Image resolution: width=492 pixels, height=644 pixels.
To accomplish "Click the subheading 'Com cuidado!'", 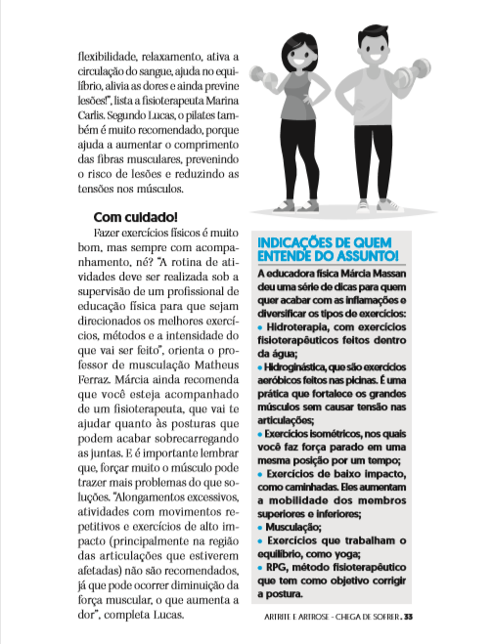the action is tap(136, 215).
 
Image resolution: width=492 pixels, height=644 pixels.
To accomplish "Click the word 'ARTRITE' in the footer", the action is tap(282, 616).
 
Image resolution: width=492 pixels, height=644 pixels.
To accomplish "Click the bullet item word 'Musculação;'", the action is tap(297, 526).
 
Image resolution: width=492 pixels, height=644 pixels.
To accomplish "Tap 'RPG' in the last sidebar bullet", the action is tap(278, 566).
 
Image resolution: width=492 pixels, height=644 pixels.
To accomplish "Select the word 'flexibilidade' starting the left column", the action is tap(111, 57).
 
